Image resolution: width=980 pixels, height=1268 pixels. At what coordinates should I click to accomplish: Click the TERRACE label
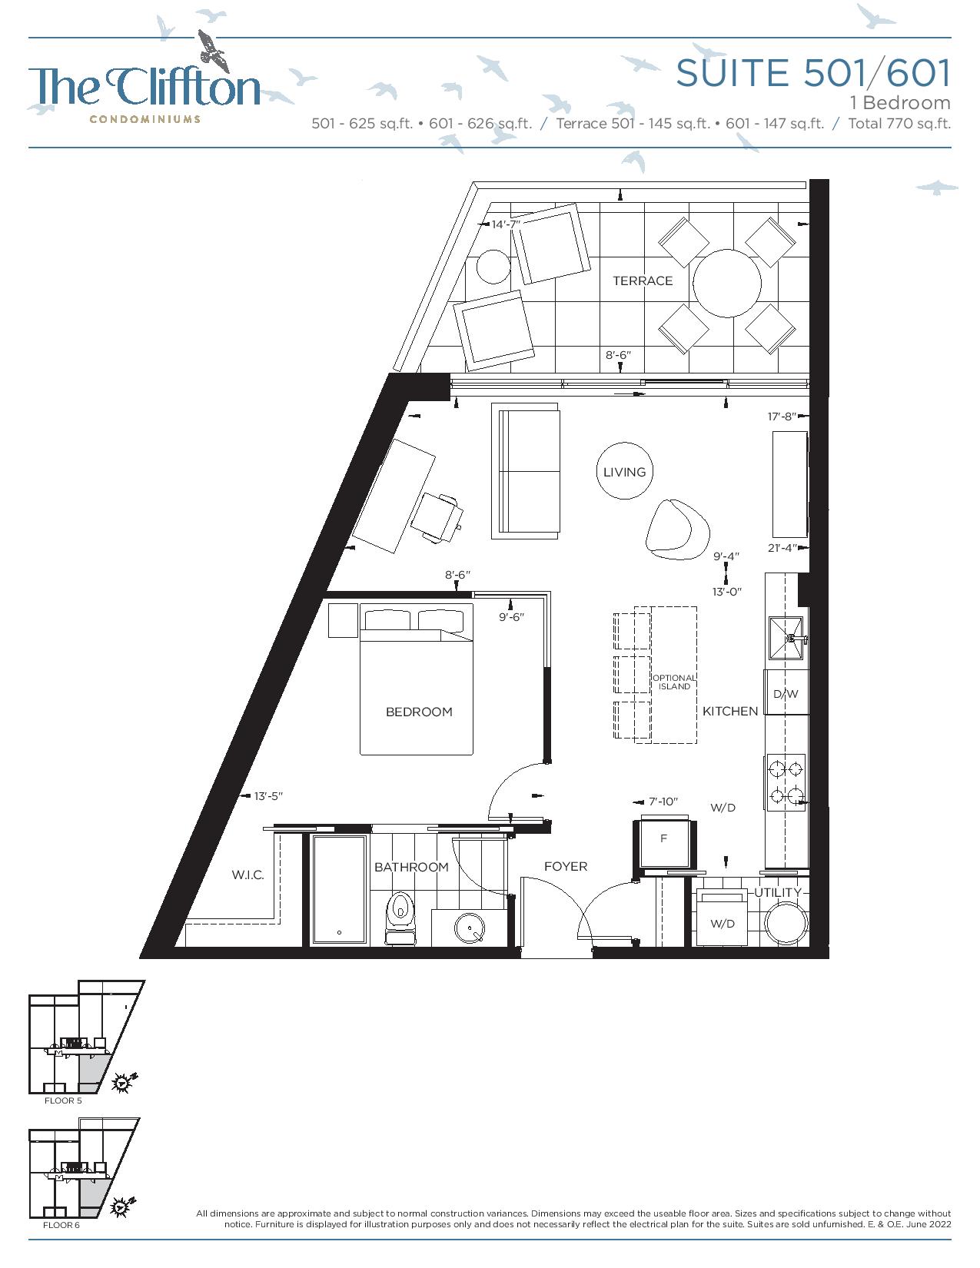[x=642, y=280]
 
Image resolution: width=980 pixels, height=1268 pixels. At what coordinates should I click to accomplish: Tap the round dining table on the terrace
[x=726, y=283]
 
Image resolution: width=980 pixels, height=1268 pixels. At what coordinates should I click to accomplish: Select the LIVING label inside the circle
[x=625, y=472]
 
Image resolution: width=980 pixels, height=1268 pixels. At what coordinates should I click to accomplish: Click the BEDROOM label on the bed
[x=419, y=712]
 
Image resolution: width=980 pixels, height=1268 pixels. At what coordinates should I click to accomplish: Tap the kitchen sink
[x=786, y=638]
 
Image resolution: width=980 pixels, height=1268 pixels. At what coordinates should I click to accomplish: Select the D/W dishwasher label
[x=786, y=694]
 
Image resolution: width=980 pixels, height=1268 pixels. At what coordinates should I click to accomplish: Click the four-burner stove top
[x=786, y=782]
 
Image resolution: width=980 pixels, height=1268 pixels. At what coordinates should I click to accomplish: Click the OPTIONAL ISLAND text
[x=674, y=682]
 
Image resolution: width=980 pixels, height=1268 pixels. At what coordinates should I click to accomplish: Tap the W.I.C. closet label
[x=248, y=875]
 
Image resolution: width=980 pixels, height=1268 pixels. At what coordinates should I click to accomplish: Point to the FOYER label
[x=566, y=867]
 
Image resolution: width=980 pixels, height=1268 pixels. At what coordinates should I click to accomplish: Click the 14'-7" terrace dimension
[x=506, y=224]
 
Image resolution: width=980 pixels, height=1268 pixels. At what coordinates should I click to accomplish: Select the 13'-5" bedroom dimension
[x=268, y=796]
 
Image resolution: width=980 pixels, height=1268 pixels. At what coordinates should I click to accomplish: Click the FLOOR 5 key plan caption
[x=63, y=1100]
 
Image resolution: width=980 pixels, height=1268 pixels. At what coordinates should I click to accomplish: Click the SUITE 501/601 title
[x=813, y=73]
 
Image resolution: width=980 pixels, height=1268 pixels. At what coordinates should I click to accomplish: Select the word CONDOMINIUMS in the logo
[x=145, y=120]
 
